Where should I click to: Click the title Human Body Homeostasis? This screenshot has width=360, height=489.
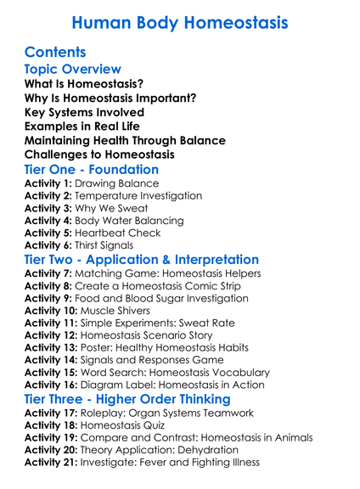pos(179,22)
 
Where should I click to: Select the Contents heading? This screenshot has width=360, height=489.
pos(55,53)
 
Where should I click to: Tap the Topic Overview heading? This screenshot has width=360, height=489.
pos(73,69)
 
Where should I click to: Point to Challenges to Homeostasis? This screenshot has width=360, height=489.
pos(100,155)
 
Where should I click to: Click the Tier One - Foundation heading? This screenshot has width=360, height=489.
pos(92,169)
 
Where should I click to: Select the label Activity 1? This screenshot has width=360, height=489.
pos(48,183)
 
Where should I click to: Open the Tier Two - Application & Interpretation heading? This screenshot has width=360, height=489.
pos(142,259)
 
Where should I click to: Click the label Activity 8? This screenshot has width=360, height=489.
pos(48,286)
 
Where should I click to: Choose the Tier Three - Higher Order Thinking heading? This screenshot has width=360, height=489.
pos(127,398)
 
